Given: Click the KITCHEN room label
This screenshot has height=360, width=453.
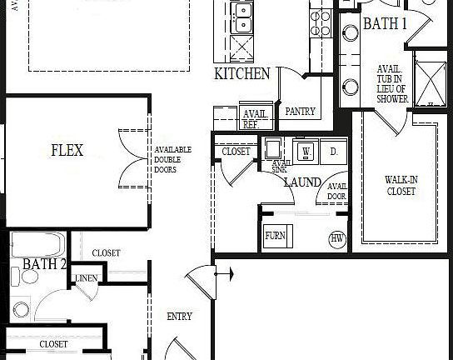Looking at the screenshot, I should (241, 74).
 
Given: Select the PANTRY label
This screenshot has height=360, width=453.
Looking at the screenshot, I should (299, 110).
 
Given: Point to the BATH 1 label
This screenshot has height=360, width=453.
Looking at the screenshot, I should (385, 24).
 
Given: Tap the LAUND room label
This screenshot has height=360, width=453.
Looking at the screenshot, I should (301, 181).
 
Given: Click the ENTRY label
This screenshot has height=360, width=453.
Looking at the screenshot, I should (179, 317).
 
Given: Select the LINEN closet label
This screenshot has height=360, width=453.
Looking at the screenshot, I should (86, 278).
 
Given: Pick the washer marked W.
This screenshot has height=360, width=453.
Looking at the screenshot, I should (306, 152).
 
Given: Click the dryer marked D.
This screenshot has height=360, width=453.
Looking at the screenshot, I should (333, 152).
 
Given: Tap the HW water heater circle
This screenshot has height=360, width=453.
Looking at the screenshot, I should (337, 238).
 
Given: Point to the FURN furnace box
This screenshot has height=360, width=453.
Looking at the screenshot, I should (275, 236).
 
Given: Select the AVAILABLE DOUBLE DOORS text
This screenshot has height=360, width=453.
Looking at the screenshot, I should (172, 159).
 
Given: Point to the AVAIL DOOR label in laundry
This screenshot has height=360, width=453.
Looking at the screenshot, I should (336, 192).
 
